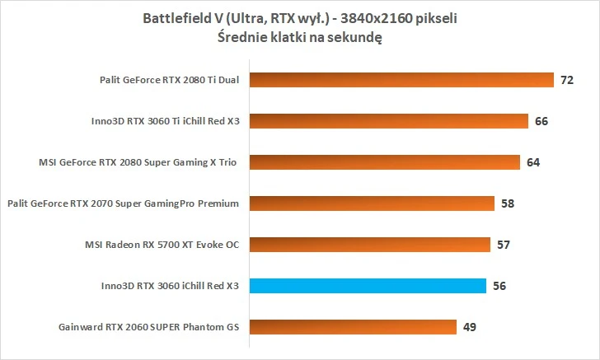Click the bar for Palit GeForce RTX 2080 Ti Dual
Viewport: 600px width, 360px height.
401,80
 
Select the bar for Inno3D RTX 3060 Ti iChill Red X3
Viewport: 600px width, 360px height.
389,121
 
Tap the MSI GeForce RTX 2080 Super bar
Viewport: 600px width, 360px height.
385,162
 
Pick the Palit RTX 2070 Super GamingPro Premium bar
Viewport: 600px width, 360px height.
372,203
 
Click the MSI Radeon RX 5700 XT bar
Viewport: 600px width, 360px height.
370,245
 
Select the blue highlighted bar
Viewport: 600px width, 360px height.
368,286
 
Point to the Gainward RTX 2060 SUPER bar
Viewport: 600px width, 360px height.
353,327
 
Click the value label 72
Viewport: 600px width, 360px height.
566,81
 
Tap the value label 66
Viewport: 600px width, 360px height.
541,122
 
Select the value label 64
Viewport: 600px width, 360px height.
532,163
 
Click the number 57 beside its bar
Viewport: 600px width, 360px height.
503,245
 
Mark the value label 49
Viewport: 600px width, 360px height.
469,328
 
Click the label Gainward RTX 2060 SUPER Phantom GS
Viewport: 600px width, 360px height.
148,327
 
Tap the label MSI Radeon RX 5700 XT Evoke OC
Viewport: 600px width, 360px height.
162,245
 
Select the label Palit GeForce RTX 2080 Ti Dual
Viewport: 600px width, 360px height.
167,80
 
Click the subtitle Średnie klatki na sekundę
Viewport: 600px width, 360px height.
299,37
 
